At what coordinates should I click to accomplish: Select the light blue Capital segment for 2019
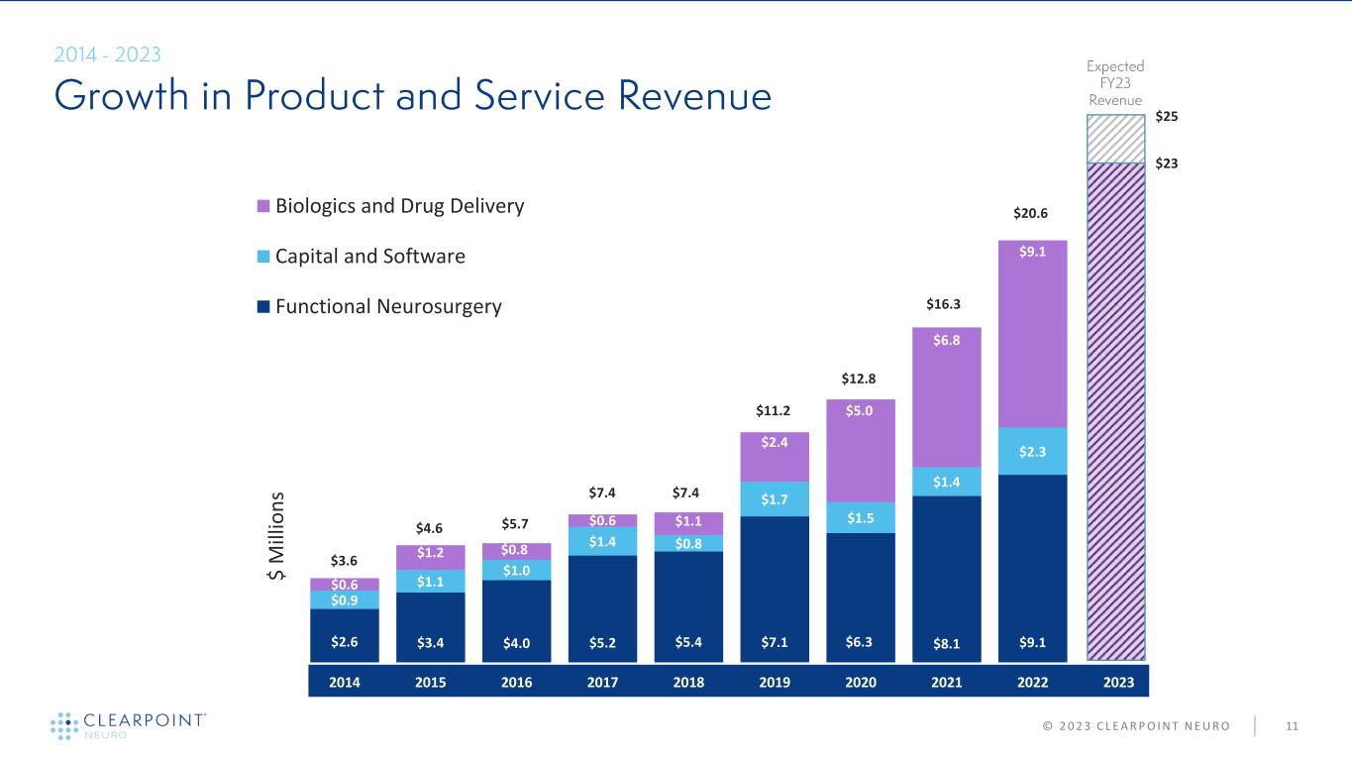tap(775, 498)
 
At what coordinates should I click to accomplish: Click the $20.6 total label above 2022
tap(1033, 212)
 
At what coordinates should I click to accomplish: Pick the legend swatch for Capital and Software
tap(263, 257)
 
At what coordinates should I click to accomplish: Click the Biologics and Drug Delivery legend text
tap(399, 206)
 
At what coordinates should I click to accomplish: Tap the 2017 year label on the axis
tap(602, 682)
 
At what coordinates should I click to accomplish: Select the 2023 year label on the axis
tap(1119, 682)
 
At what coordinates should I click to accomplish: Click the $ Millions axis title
tap(278, 535)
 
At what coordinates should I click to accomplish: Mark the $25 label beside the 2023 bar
tap(1169, 117)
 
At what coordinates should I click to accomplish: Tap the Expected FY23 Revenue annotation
tap(1115, 83)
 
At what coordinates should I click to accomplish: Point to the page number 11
tap(1292, 726)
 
